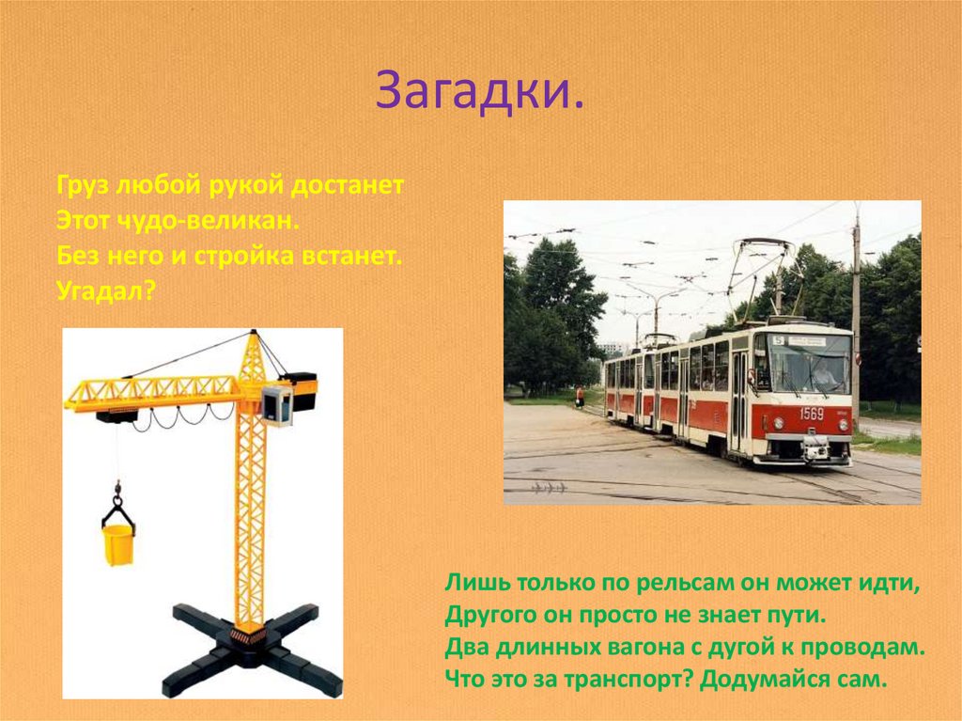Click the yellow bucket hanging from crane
click(118, 544)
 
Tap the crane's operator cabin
click(277, 404)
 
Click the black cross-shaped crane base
click(248, 649)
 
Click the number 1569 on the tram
click(811, 414)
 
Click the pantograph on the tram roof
click(761, 273)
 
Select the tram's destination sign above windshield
click(807, 340)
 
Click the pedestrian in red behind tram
click(580, 397)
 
